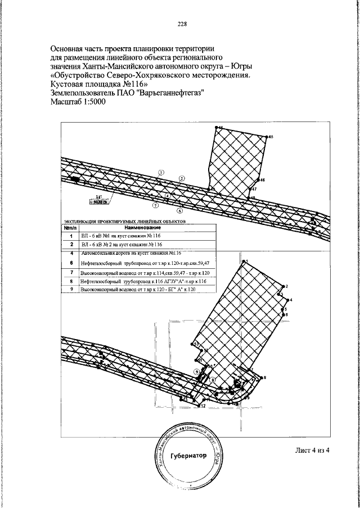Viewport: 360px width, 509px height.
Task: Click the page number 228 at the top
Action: click(x=182, y=24)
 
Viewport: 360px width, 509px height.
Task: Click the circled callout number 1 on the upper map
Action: click(x=161, y=173)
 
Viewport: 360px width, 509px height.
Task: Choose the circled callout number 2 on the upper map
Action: click(x=181, y=179)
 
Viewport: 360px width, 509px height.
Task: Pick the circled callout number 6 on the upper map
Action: click(x=179, y=211)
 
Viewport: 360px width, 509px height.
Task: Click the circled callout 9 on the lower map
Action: click(x=197, y=372)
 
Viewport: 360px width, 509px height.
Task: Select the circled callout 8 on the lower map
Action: click(x=213, y=380)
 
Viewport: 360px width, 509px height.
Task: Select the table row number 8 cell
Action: click(x=71, y=280)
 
